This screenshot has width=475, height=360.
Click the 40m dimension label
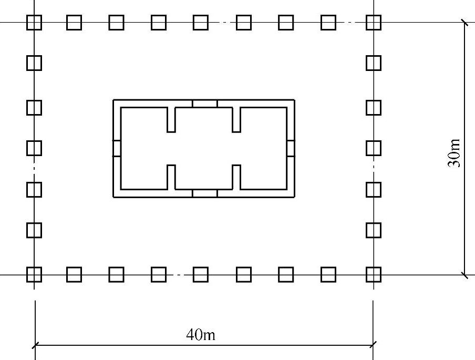(x=201, y=335)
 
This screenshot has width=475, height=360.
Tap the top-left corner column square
(x=34, y=23)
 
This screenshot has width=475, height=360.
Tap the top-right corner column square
(x=373, y=23)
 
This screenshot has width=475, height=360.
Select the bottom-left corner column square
(x=34, y=274)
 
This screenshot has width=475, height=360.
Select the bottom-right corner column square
(x=373, y=274)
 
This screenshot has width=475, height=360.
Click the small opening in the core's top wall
(x=204, y=104)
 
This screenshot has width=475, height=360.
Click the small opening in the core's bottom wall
(x=204, y=193)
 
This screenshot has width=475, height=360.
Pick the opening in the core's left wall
(x=117, y=148)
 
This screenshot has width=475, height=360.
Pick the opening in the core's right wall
(x=291, y=148)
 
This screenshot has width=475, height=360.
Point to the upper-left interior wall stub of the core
(x=171, y=119)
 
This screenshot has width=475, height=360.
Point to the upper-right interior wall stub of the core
(x=236, y=119)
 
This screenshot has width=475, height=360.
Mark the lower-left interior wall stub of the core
(x=171, y=177)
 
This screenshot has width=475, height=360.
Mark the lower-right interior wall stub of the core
(x=236, y=177)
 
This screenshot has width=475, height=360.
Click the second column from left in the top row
(x=74, y=23)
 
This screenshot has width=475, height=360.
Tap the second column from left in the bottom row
(x=74, y=274)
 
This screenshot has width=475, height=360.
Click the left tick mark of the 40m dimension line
(x=35, y=345)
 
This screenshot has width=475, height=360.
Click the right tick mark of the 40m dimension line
(x=373, y=345)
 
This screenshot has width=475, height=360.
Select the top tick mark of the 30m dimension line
(x=464, y=23)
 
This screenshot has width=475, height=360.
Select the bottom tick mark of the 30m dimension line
(x=464, y=274)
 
